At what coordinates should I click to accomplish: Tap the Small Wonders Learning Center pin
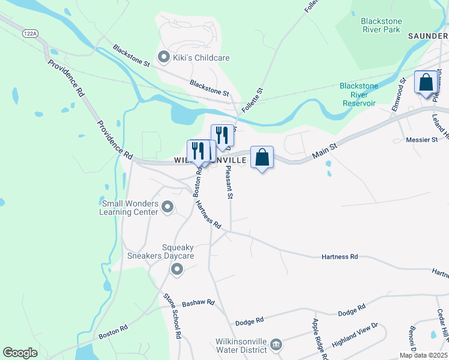[167, 208]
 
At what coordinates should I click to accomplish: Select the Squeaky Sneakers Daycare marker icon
[176, 269]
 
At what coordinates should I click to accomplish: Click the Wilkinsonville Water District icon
[276, 344]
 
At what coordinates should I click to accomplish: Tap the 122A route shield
[29, 34]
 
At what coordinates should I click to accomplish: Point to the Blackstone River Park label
[381, 25]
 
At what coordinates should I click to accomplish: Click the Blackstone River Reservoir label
[358, 94]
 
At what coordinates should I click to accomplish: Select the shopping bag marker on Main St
[262, 158]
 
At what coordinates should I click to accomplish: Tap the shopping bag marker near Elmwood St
[426, 82]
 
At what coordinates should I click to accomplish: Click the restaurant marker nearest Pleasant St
[222, 136]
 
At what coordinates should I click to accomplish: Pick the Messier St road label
[422, 140]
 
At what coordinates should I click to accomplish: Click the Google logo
[20, 353]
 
